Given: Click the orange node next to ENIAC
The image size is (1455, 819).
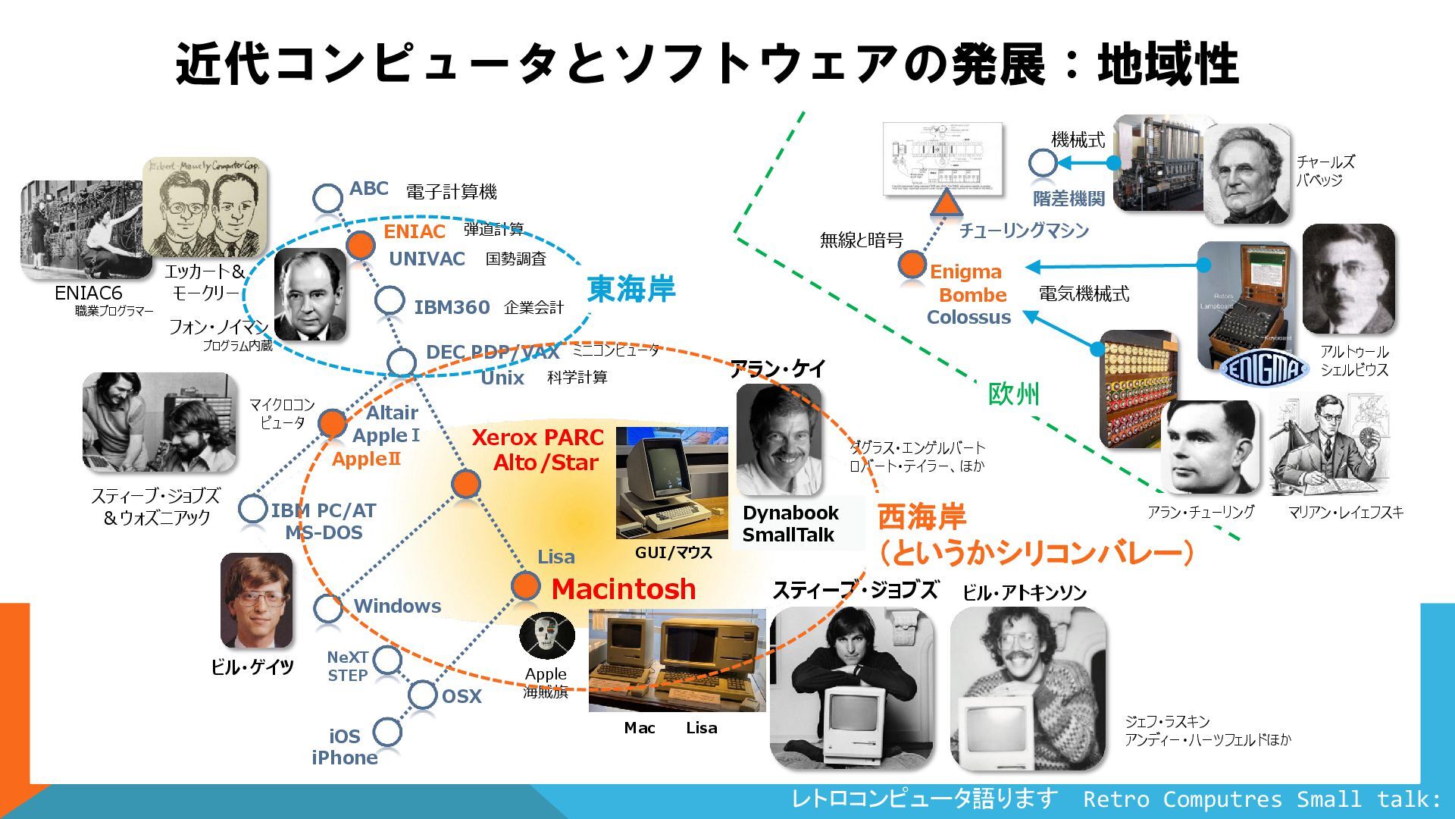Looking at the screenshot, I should pos(360,244).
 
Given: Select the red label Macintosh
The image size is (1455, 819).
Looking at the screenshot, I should pos(624,588).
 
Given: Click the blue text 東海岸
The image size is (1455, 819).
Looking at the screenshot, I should pos(630,289).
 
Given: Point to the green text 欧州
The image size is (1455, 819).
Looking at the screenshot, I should pos(1013,394).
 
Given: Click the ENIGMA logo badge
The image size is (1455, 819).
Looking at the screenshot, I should pos(1264,369).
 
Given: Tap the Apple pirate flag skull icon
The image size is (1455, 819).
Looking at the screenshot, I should pos(546,635).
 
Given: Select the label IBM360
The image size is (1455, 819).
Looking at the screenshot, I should pos(452,307).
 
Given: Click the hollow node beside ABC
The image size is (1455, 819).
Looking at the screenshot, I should pos(327,198).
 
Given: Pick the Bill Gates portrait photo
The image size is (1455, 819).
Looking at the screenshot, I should pos(256,601).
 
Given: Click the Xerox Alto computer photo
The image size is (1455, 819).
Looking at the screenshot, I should pos(671,482).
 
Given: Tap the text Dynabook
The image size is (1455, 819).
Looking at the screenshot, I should pos(790,513).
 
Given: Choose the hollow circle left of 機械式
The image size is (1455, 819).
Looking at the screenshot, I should pos(1043,162).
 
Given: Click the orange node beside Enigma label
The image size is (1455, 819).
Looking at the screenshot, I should pos(912,265).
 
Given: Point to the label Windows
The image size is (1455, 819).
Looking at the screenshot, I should pos(397,606).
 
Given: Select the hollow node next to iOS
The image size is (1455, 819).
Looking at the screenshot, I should pos(386,732).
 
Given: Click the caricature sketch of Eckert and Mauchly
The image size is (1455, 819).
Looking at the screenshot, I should pos(205,206).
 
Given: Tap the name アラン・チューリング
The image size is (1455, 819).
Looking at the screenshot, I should pos(1200,512).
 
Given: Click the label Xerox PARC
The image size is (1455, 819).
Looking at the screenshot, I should pos(537,438).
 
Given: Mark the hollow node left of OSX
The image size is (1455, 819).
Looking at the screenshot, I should pos(422,694).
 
